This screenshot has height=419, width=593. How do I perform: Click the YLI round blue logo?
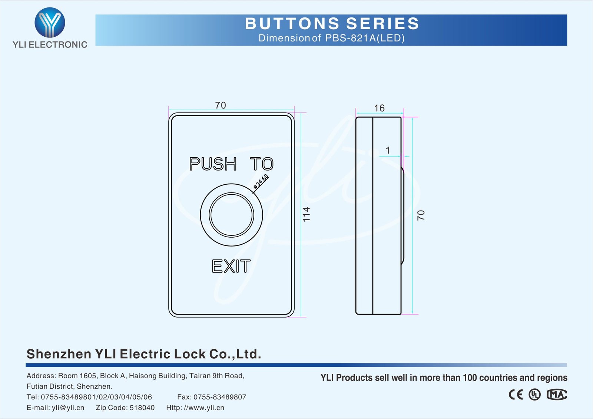click(x=50, y=23)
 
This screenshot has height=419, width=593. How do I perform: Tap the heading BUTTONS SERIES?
click(x=332, y=23)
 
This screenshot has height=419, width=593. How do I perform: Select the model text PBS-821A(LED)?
click(x=365, y=38)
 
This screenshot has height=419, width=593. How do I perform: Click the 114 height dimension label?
click(x=306, y=214)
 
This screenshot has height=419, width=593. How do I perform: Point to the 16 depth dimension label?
click(x=379, y=108)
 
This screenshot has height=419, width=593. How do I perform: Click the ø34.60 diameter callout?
click(x=261, y=182)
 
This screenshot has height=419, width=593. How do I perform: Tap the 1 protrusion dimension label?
click(x=388, y=150)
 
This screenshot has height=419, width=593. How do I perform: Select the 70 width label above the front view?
click(x=221, y=105)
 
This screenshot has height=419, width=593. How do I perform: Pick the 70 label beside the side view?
click(x=421, y=215)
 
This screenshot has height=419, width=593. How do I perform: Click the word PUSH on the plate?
click(x=213, y=164)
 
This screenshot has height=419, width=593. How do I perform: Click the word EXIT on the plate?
click(x=231, y=266)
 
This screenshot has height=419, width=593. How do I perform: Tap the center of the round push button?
click(x=231, y=215)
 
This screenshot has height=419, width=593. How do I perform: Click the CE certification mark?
click(x=516, y=395)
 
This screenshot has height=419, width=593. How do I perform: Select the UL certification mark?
click(x=534, y=395)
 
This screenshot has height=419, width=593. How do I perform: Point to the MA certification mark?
click(x=557, y=395)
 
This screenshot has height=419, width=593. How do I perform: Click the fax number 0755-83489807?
click(x=220, y=397)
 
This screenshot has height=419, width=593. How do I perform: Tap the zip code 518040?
click(x=142, y=408)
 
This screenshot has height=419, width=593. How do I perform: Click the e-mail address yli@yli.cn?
click(x=68, y=408)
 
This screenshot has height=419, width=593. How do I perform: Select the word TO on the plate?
click(x=262, y=164)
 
